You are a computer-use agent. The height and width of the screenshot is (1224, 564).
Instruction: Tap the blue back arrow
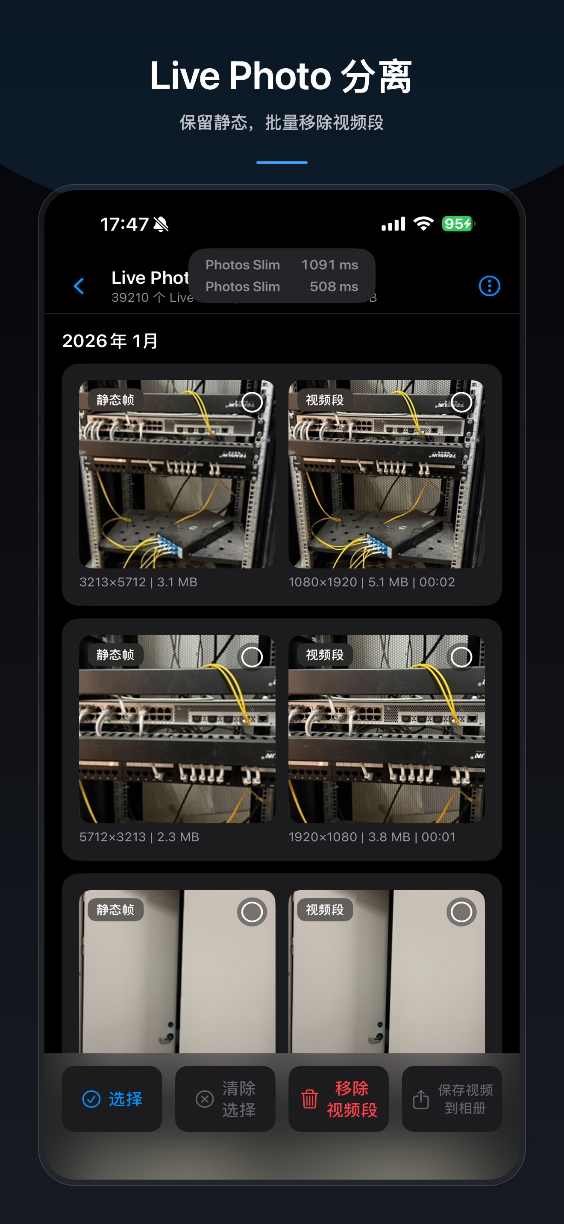click(x=79, y=286)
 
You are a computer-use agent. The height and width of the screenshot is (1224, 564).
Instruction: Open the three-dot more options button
click(x=489, y=286)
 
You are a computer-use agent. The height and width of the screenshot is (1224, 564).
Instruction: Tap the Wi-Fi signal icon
click(x=423, y=223)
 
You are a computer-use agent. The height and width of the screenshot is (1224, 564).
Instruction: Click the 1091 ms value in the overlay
click(x=329, y=265)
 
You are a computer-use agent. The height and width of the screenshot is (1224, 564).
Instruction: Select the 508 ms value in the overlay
click(x=334, y=286)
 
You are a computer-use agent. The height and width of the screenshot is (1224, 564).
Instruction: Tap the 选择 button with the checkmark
click(x=112, y=1099)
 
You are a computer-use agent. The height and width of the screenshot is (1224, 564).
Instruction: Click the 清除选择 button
click(x=226, y=1099)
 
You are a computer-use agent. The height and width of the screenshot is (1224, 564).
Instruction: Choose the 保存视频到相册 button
click(x=452, y=1099)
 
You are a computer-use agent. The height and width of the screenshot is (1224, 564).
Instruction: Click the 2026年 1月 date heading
click(x=110, y=341)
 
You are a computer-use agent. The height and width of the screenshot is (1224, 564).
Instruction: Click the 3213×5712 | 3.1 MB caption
click(x=138, y=582)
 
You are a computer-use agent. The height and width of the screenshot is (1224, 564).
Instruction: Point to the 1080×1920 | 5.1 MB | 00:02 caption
click(x=371, y=582)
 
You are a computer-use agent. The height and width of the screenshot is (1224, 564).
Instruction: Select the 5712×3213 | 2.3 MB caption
click(x=139, y=837)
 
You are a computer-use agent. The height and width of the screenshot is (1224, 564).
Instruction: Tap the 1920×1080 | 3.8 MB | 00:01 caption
click(x=372, y=837)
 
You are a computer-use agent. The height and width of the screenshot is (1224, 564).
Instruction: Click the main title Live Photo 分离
click(x=281, y=76)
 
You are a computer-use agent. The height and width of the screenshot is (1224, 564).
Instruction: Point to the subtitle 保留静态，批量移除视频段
click(x=282, y=122)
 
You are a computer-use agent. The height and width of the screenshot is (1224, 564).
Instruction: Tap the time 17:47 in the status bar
click(x=125, y=224)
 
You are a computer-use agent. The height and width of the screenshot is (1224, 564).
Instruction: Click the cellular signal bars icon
click(x=393, y=224)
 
